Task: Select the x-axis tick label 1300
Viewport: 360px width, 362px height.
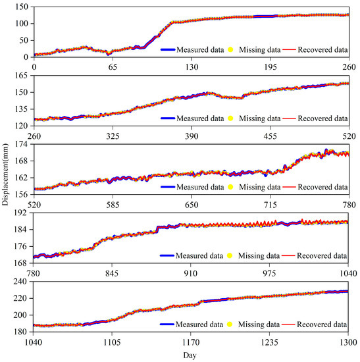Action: click(347, 342)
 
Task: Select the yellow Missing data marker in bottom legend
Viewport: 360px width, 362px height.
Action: click(230, 324)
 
